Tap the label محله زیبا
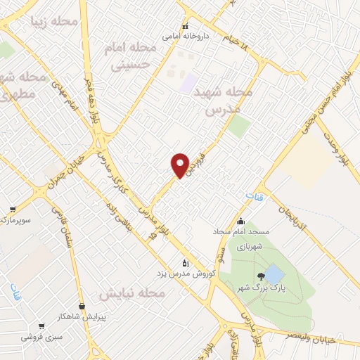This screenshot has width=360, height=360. [54, 21]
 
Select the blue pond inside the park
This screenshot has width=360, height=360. [275, 274]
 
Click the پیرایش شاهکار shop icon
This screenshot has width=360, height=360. [83, 307]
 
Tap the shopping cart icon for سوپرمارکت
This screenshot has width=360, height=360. [13, 209]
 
